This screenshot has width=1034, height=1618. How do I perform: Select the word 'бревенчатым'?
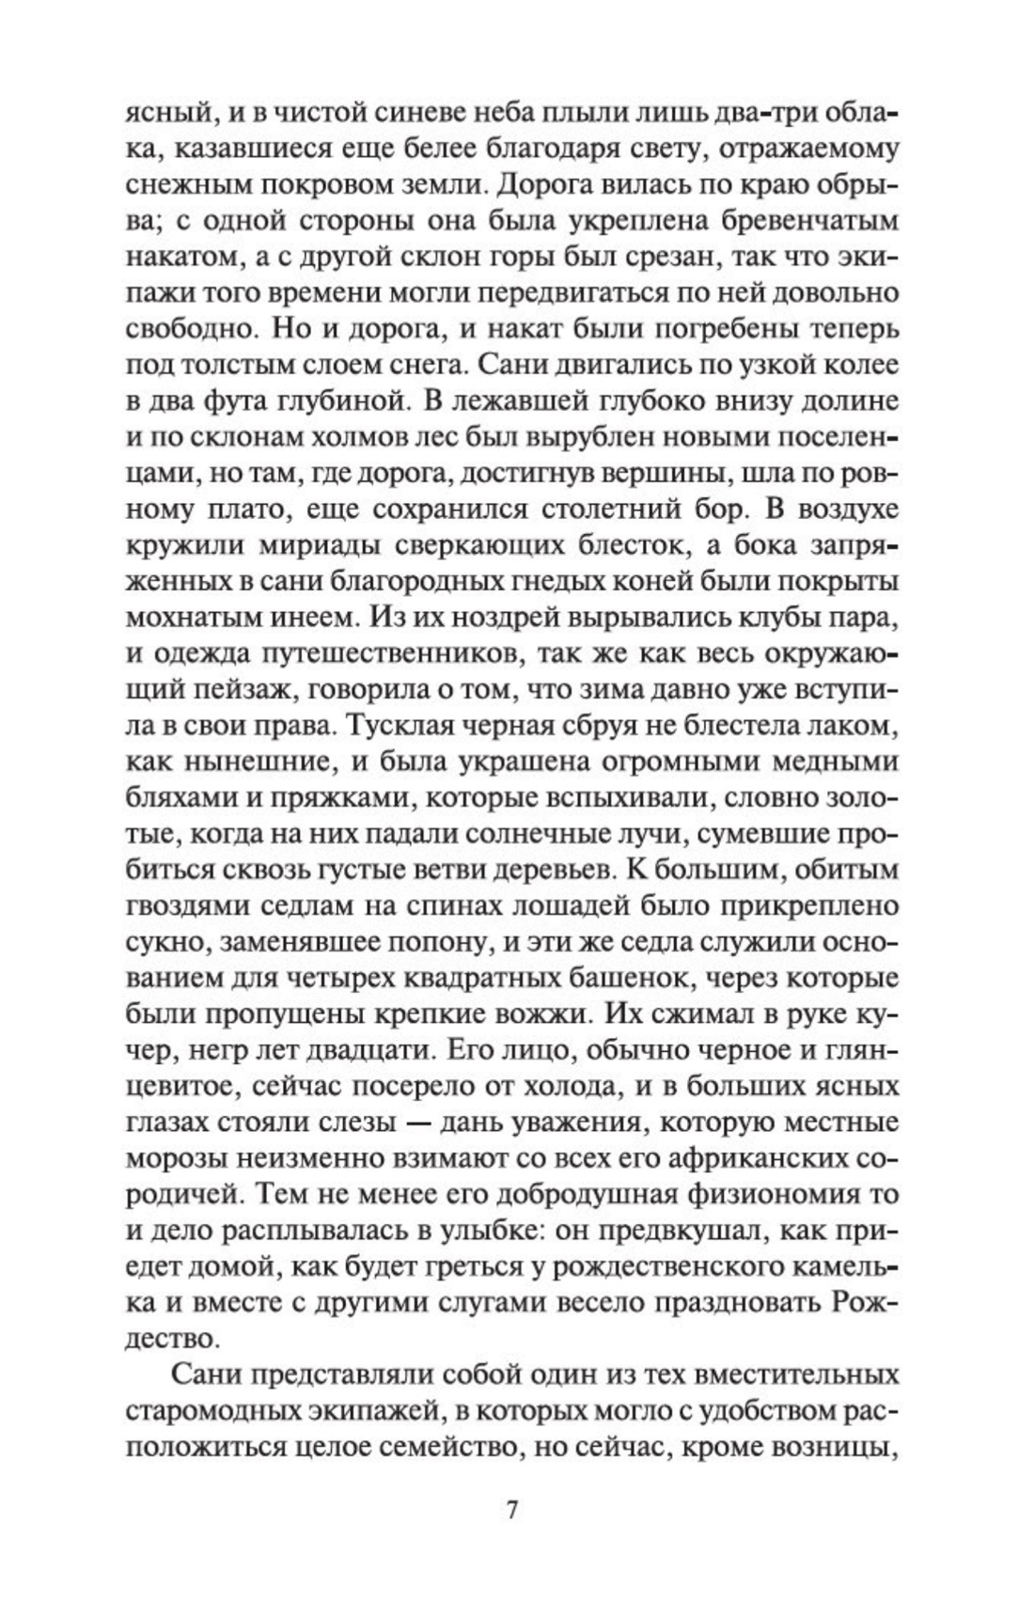pos(809,221)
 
